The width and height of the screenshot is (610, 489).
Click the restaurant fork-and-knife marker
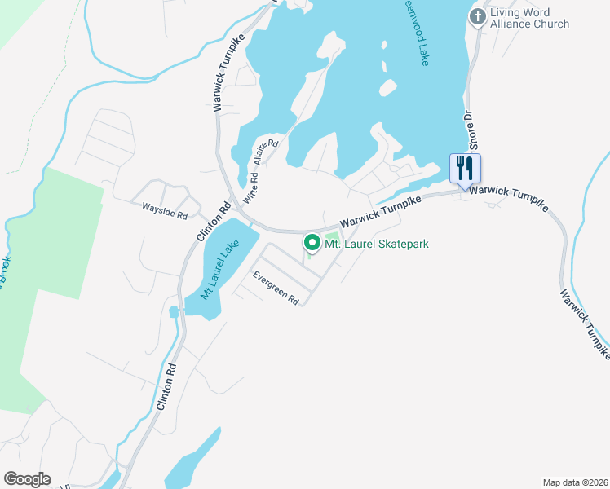(465, 169)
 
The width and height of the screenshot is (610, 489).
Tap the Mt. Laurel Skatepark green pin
(312, 243)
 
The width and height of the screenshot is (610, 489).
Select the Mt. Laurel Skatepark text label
(377, 244)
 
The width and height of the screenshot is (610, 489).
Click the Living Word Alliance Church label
(530, 18)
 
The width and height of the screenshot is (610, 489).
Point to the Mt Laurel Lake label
(219, 270)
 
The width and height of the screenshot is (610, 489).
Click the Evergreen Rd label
(276, 289)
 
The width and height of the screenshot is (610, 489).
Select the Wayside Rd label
(165, 211)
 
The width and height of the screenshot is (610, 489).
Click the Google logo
(27, 479)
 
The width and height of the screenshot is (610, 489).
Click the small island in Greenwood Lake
(387, 87)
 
